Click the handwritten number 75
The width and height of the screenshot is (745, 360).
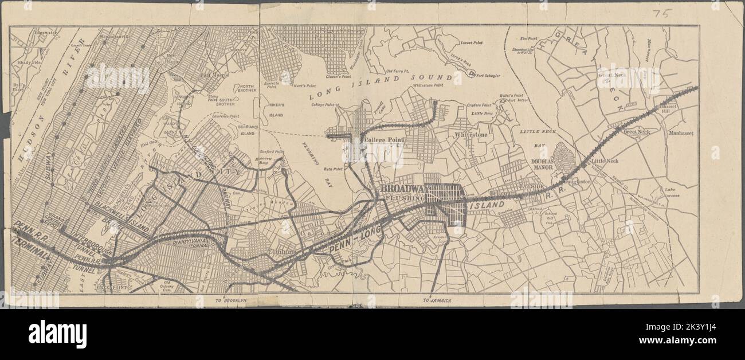point(661,14)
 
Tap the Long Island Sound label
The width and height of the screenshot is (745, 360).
point(381,84)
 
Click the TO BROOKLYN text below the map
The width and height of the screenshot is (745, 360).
point(230,300)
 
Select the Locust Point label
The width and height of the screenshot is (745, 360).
point(472,42)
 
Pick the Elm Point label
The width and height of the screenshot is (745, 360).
point(528,39)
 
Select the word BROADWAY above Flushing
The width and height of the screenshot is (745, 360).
point(401,189)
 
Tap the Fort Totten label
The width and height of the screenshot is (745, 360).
point(519,100)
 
